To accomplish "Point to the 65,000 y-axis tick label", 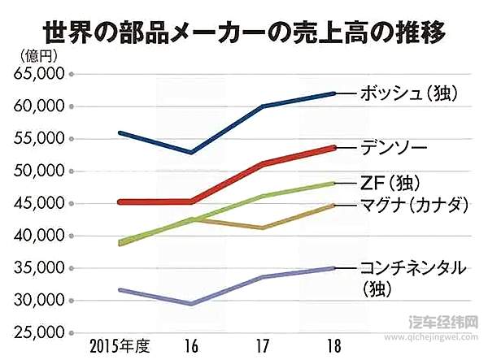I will pyautogui.click(x=40, y=74).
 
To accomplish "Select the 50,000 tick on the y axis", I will pyautogui.click(x=40, y=171).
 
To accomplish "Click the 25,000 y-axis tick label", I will pyautogui.click(x=40, y=333).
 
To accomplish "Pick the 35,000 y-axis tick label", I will pyautogui.click(x=40, y=268).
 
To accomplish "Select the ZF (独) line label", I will pyautogui.click(x=392, y=182).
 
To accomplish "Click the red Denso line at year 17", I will pyautogui.click(x=262, y=163).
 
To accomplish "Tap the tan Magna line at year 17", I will pyautogui.click(x=262, y=228).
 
